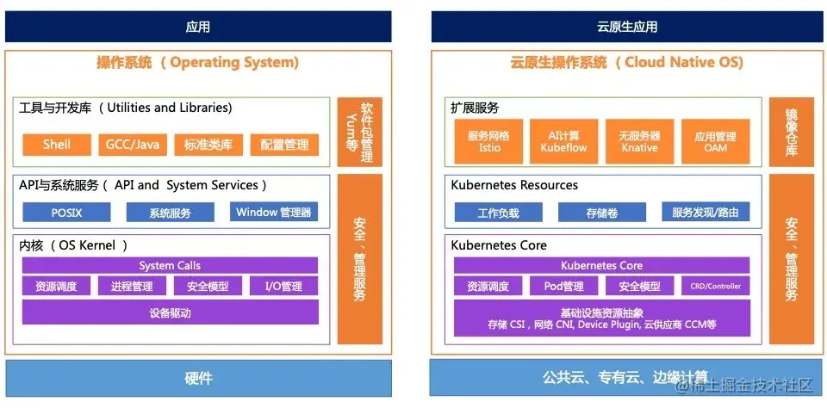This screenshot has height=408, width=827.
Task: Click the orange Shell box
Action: [x=57, y=145]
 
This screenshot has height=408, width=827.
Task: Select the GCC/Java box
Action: [x=133, y=145]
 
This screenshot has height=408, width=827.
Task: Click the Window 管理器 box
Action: [x=274, y=212]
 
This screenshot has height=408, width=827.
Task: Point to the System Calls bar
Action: [x=170, y=265]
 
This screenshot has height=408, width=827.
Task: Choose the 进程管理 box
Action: [x=132, y=287]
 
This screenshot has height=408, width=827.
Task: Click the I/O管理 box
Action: [x=283, y=287]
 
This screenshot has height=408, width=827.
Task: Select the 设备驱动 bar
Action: [x=170, y=312]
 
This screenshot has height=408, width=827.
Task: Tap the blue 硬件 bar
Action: [x=198, y=378]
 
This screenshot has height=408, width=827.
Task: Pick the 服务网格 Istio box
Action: [x=489, y=141]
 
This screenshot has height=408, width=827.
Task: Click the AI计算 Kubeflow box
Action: [x=564, y=141]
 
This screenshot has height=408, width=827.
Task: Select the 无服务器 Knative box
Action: [x=639, y=141]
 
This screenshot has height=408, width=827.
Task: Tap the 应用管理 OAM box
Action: [x=715, y=141]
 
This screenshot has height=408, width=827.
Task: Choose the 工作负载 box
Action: [x=499, y=213]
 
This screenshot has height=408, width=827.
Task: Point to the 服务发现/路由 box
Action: [x=706, y=213]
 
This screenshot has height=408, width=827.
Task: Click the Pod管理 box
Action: [x=564, y=287]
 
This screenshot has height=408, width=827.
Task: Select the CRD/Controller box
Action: [x=715, y=287]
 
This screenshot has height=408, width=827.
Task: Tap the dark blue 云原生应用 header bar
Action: [x=627, y=27]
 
